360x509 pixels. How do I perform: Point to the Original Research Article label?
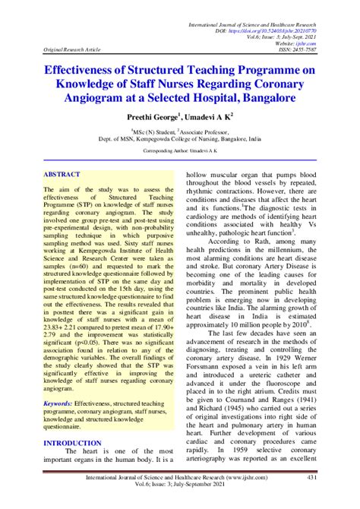coord(72,50)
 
